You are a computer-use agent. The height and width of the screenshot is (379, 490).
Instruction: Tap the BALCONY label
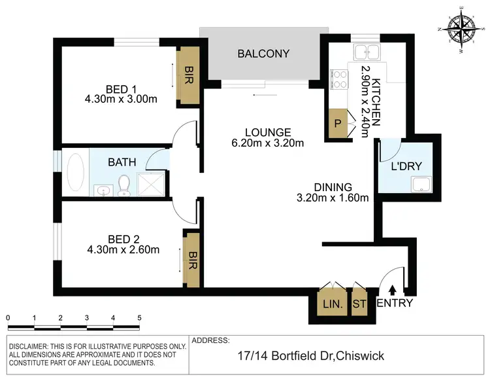click(x=263, y=54)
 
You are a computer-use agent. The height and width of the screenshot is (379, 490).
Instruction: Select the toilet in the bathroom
click(x=124, y=185)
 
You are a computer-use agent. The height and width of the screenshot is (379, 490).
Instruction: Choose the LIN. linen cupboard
click(x=328, y=304)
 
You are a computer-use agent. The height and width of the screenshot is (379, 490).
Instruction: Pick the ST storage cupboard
click(x=359, y=304)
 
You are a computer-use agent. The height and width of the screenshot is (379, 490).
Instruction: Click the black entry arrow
click(x=392, y=289)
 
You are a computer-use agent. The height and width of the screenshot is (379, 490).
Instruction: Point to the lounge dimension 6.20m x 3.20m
click(x=269, y=143)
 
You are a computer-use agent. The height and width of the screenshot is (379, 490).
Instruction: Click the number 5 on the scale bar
click(x=139, y=317)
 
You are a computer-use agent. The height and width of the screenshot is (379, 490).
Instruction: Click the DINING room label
click(x=333, y=187)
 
